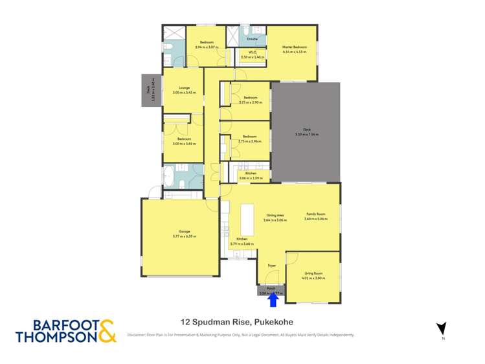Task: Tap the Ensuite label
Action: [x=253, y=40]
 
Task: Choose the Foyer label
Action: [x=272, y=265]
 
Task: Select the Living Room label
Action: [x=313, y=273]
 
